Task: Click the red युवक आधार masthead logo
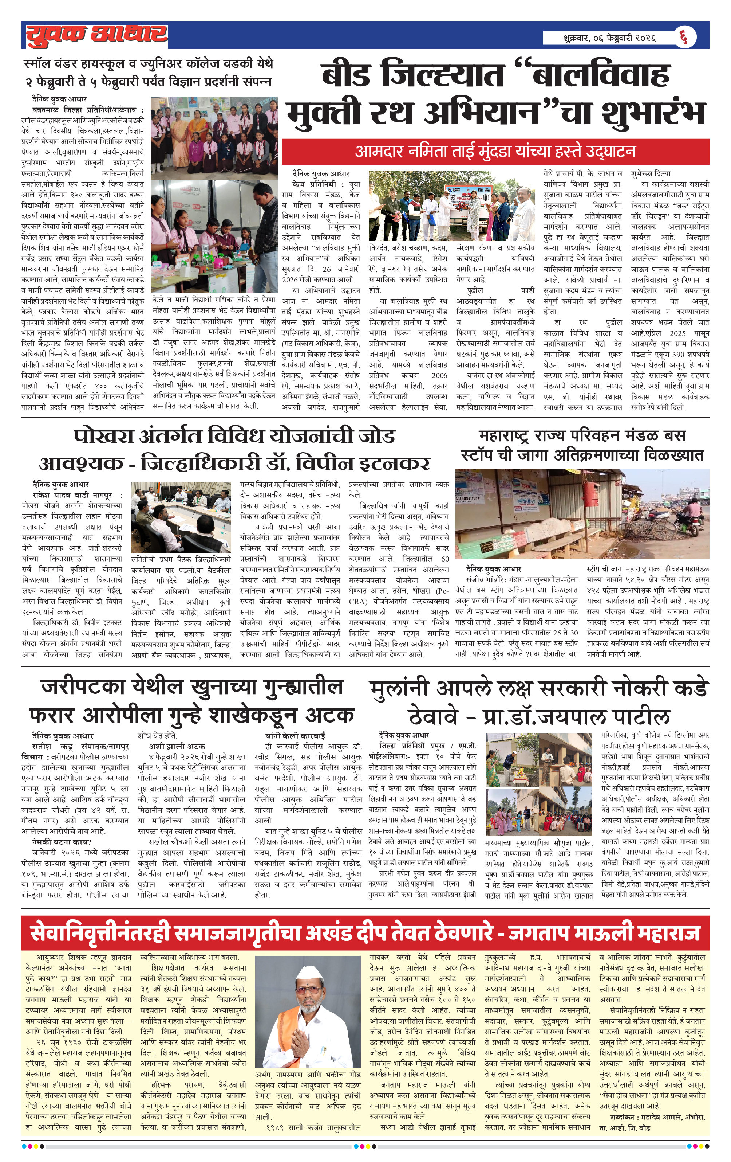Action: (96, 35)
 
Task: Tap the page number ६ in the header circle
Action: (684, 37)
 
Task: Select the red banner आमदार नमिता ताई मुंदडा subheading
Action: (495, 152)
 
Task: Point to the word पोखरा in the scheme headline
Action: (103, 436)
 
